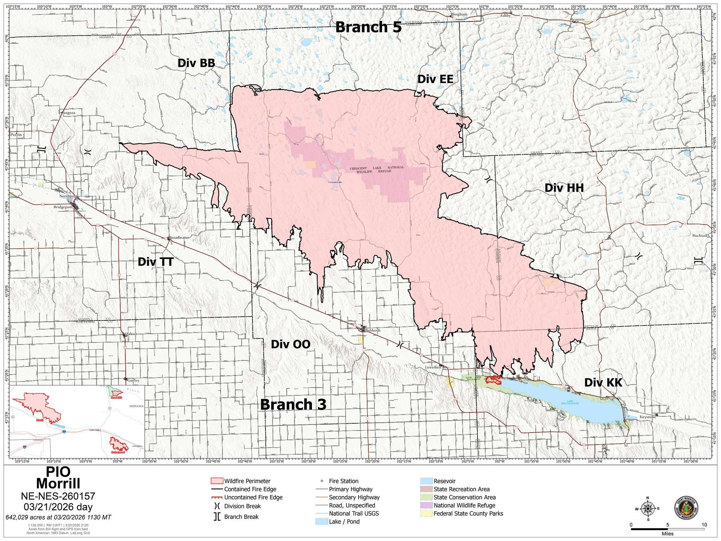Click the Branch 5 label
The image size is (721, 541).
[368, 27]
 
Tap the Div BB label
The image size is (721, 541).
[196, 63]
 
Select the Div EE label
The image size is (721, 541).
[435, 79]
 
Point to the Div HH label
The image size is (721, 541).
[564, 188]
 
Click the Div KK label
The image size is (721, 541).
[603, 383]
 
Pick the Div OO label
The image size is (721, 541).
[290, 344]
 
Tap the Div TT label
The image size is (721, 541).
[156, 262]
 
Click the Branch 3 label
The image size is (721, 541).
[293, 404]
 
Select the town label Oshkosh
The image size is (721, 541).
[373, 330]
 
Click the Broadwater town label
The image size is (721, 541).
[179, 237]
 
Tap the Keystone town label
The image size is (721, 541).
[648, 417]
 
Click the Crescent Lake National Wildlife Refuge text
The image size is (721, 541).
[377, 169]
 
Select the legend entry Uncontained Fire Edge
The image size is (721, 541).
[253, 497]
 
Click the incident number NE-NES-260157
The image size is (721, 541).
[58, 496]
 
